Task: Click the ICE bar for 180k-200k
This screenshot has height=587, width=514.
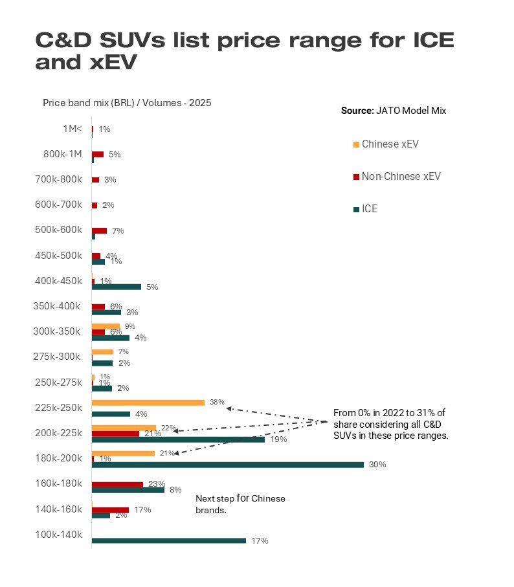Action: tap(227, 465)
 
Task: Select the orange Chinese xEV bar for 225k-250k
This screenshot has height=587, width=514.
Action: tap(148, 402)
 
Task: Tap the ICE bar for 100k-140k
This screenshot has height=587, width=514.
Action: tap(169, 540)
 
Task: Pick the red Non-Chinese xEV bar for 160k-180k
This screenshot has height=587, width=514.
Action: tap(117, 484)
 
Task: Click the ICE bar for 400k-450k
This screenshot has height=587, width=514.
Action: tap(117, 287)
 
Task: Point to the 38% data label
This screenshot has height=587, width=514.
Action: tap(217, 402)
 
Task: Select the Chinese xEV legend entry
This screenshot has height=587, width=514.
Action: tap(390, 144)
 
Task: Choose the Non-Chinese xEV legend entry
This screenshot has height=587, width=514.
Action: tap(401, 176)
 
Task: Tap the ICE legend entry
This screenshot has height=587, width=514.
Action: tap(369, 209)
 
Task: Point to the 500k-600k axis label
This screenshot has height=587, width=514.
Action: tap(58, 230)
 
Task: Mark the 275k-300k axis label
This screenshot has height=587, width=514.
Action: tap(57, 357)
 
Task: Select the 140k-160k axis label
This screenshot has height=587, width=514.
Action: tap(58, 509)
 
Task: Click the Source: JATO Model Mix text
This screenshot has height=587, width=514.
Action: tap(394, 111)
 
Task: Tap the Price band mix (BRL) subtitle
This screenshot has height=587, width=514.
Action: tap(127, 103)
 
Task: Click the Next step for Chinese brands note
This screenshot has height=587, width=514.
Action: tap(240, 504)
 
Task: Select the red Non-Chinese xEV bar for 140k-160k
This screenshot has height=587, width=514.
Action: tap(110, 510)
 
